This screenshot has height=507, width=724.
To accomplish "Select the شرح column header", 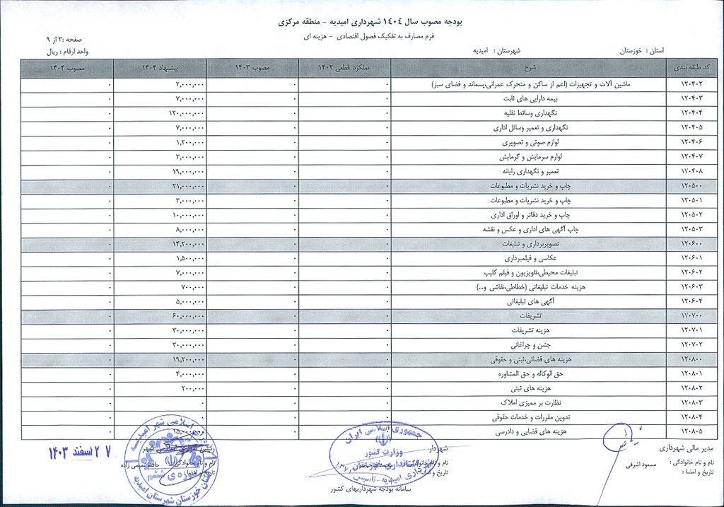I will point(530,68).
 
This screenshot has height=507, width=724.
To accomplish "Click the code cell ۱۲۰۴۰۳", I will point(695,98).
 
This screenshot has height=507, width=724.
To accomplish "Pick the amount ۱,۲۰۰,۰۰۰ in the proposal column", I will point(189,142).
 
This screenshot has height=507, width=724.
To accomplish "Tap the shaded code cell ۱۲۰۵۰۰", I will point(695,186).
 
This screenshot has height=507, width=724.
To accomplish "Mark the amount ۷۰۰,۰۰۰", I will point(192,287).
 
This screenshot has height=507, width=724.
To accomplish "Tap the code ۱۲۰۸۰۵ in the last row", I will point(695,432).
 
